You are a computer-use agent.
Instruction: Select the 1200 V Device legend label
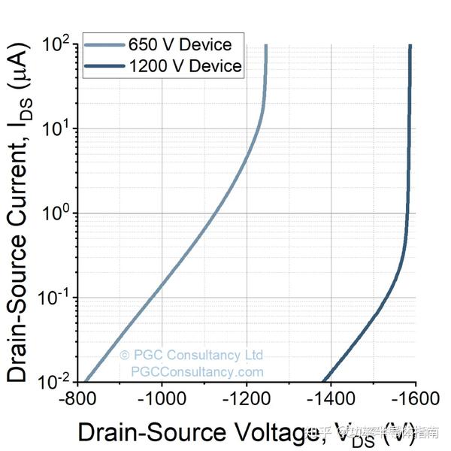pos(185,66)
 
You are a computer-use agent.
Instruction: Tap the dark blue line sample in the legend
pos(104,66)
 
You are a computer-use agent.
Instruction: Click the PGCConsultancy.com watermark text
pos(198,371)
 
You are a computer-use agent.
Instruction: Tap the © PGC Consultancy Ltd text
pos(191,355)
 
